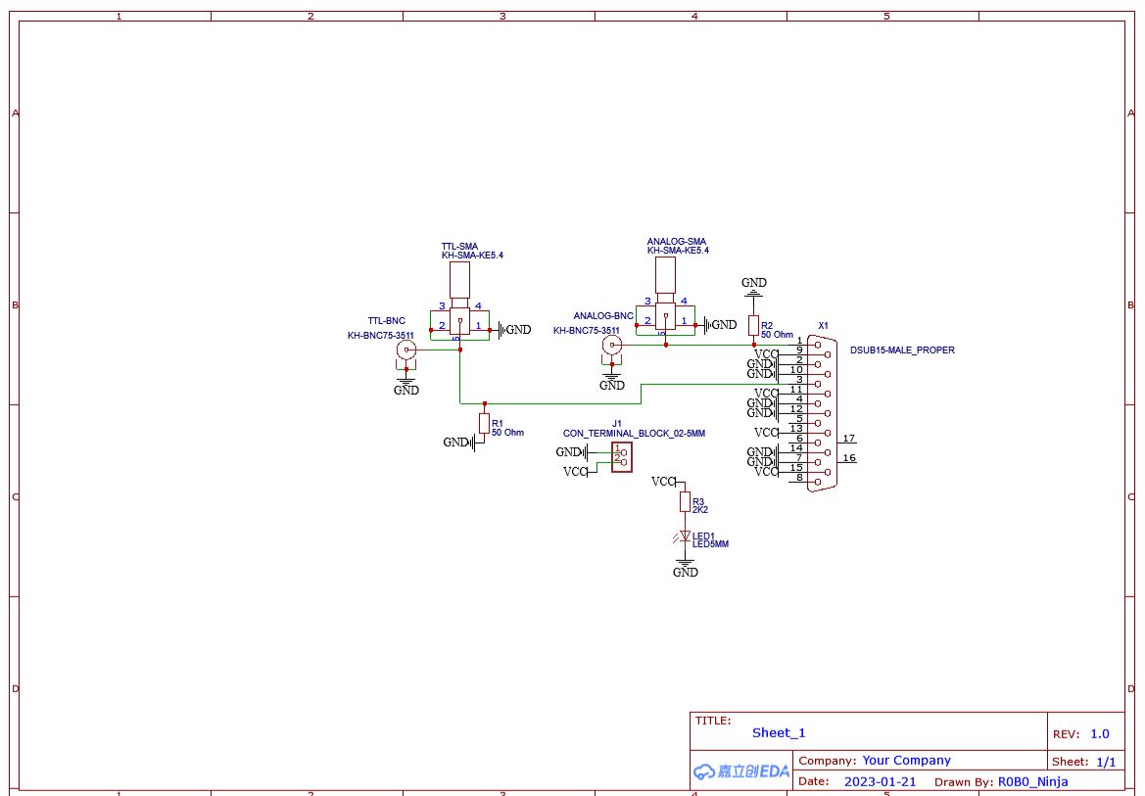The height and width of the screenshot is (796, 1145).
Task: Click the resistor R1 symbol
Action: pos(484,422)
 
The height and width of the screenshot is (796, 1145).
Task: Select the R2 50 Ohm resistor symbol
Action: pos(753,325)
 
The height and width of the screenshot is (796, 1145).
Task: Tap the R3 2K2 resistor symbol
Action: pos(685,501)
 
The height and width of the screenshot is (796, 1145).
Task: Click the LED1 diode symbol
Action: pos(685,536)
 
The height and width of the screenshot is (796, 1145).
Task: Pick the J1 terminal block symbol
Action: pos(621,457)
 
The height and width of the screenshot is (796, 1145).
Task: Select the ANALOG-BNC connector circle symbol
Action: pos(611,345)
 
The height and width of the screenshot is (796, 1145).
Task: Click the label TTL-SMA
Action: pos(460,246)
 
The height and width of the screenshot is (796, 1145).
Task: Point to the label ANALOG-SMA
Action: pos(676,241)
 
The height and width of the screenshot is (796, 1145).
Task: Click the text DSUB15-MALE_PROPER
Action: pos(901,350)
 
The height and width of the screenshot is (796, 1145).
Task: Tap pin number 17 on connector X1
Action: pos(848,438)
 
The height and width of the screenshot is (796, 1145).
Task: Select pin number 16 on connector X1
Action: pos(848,457)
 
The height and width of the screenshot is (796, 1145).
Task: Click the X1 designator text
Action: pos(823,325)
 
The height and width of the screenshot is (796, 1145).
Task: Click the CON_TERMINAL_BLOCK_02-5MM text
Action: pos(634,433)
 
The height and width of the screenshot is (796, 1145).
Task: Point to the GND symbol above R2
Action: pos(753,287)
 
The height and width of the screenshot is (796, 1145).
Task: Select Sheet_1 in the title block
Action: pos(779,732)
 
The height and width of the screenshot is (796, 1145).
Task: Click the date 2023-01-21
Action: pos(881,781)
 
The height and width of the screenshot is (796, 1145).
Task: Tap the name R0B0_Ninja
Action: pos(1032,781)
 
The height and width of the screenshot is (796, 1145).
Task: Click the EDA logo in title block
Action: pos(741,772)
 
